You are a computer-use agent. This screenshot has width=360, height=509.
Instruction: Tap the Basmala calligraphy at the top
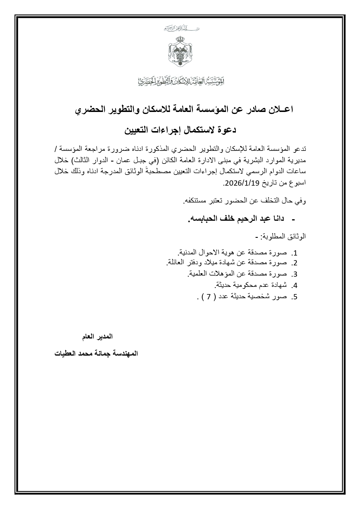(x=181, y=28)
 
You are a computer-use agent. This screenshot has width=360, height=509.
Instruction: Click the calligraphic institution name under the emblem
(x=181, y=81)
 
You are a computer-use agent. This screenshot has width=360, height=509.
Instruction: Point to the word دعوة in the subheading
(x=226, y=130)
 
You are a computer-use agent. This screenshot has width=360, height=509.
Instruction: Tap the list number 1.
(x=295, y=253)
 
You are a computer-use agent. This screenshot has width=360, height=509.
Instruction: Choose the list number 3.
(x=295, y=274)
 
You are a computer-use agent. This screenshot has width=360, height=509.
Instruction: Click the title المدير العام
(x=97, y=337)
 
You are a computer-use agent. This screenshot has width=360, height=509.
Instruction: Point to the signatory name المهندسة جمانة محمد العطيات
(x=96, y=354)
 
